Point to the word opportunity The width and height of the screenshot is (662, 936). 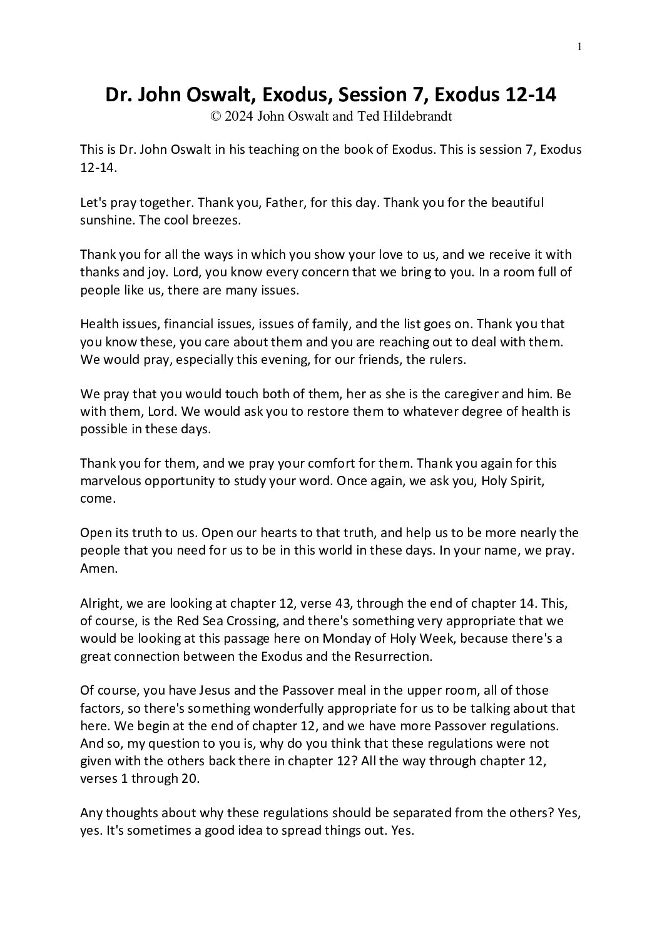coord(190,481)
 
